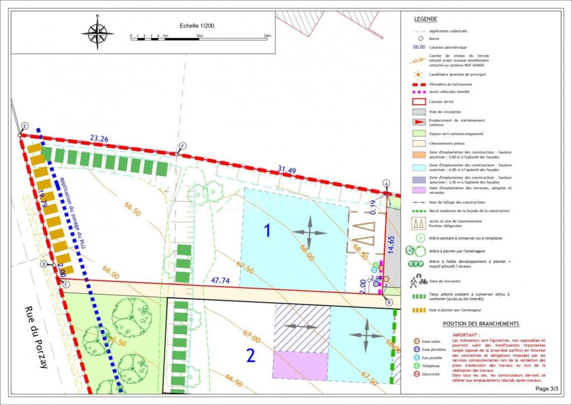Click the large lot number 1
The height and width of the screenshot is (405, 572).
pyautogui.click(x=267, y=230)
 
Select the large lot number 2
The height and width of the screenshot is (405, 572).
pyautogui.click(x=251, y=355)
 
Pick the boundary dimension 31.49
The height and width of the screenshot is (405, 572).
pyautogui.click(x=287, y=170)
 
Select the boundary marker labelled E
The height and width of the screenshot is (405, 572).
pyautogui.click(x=25, y=125)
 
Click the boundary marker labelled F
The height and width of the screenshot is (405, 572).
pyautogui.click(x=182, y=147)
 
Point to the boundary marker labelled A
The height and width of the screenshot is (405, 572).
pyautogui.click(x=385, y=183)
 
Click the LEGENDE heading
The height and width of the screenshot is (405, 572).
pyautogui.click(x=426, y=19)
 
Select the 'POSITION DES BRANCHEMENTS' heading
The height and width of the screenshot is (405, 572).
pyautogui.click(x=481, y=324)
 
